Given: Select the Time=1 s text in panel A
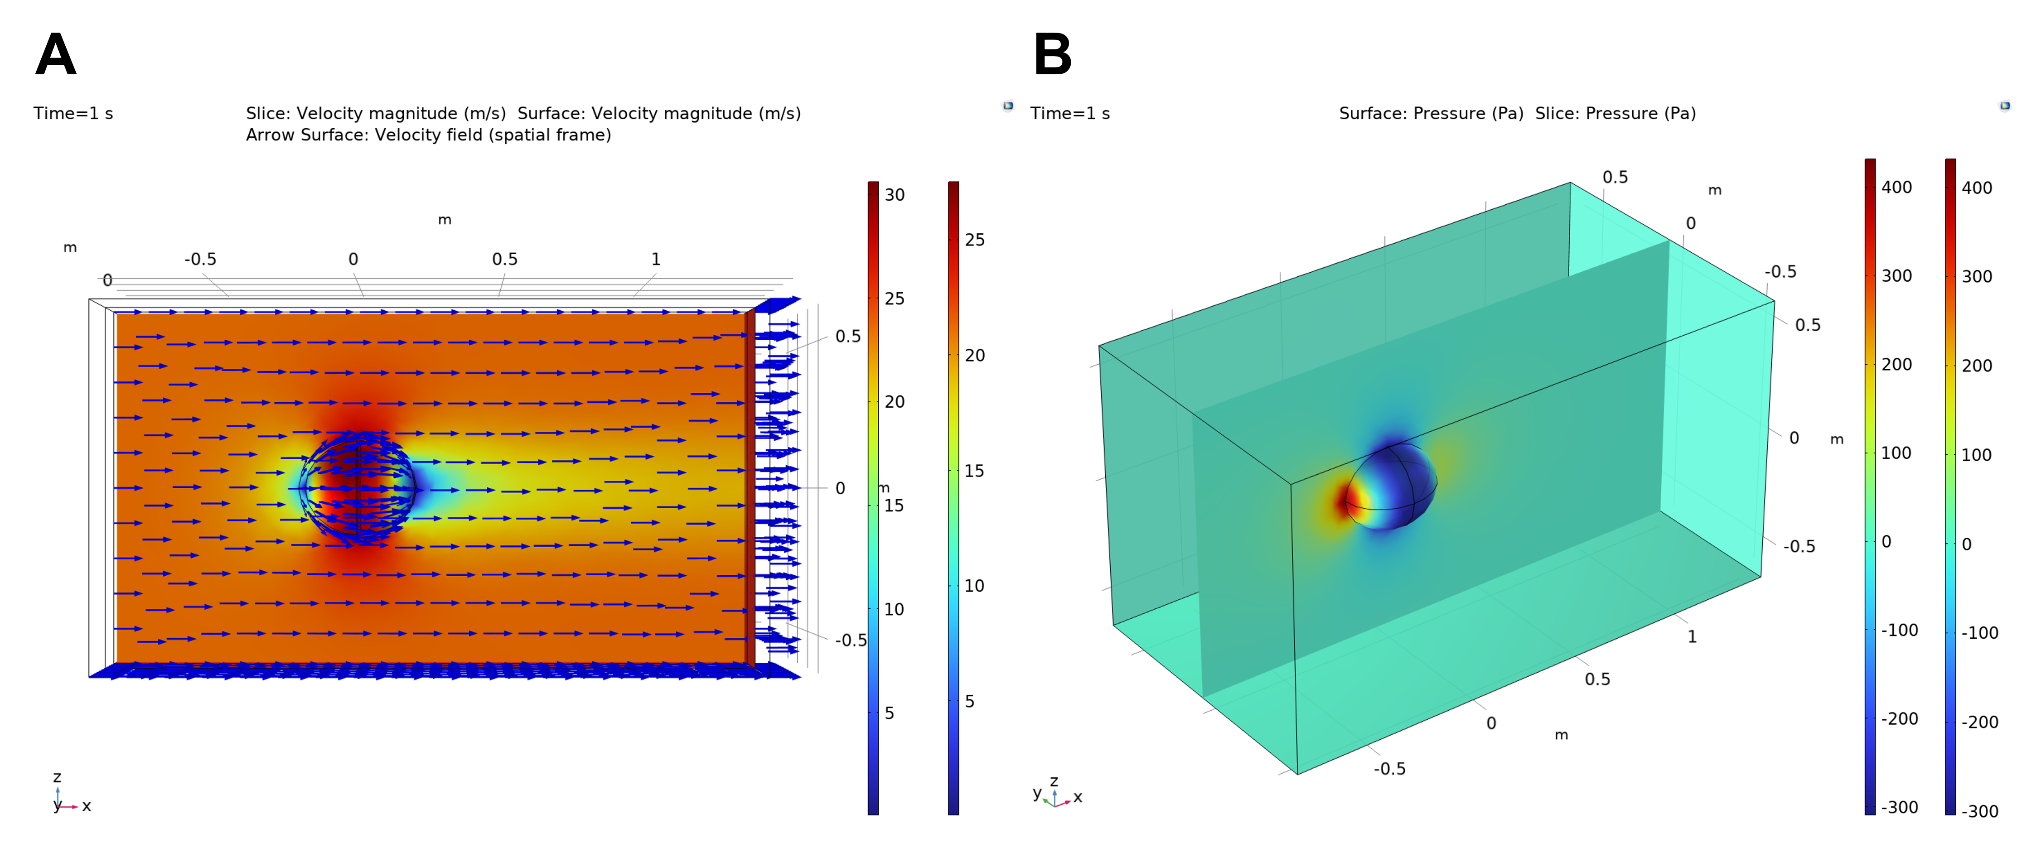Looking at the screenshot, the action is [x=73, y=114].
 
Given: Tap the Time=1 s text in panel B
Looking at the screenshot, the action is [x=1069, y=114].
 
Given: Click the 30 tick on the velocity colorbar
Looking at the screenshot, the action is [x=894, y=195].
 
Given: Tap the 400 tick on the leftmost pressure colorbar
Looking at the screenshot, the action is [x=1896, y=187].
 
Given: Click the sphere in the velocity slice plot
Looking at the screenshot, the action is [x=358, y=488].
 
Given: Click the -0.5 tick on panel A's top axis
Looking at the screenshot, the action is [x=200, y=259].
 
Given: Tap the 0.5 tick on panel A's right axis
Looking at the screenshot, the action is [x=847, y=337].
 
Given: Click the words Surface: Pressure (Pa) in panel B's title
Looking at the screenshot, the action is [x=1431, y=114].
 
